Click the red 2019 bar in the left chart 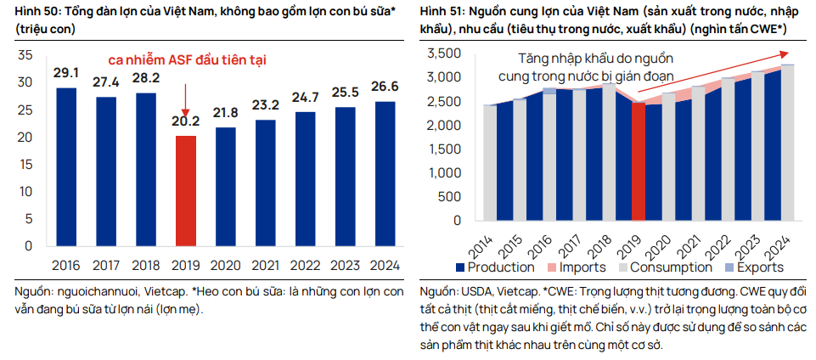click(x=186, y=191)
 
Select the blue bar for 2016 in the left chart click(x=66, y=166)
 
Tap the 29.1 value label click(x=66, y=73)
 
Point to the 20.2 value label click(x=186, y=121)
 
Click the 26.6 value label click(x=384, y=87)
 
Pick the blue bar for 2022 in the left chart click(x=305, y=178)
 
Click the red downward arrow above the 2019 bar click(x=185, y=95)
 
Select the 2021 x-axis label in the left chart click(x=265, y=265)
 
